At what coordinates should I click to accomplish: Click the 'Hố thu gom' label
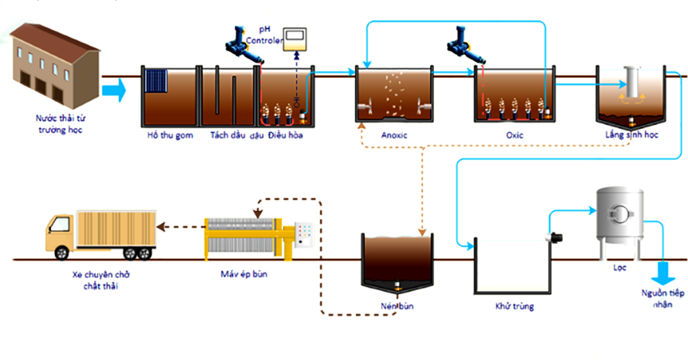(x=170, y=136)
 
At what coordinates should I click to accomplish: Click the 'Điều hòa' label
(x=284, y=136)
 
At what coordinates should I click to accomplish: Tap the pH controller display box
(x=294, y=40)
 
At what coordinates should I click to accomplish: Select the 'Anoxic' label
(x=394, y=136)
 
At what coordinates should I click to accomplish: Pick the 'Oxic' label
(x=515, y=136)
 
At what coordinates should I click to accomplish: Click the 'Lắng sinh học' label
(x=631, y=136)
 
